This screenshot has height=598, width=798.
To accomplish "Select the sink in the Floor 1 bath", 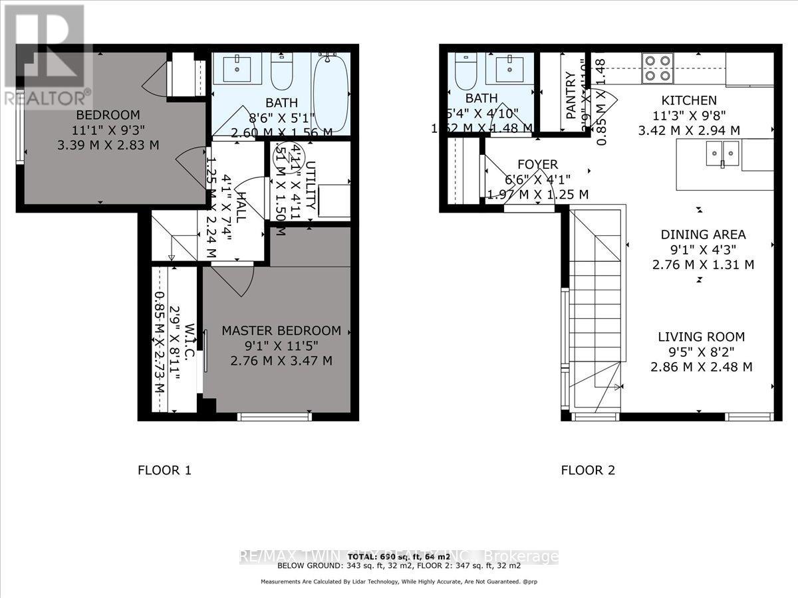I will click(x=236, y=68).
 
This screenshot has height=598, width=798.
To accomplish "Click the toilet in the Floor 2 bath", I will click(x=464, y=72).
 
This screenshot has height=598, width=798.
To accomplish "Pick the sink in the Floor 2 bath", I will click(x=509, y=68).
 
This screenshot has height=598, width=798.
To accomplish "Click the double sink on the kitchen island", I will click(x=723, y=154).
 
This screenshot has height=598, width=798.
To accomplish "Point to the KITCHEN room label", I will click(x=688, y=100).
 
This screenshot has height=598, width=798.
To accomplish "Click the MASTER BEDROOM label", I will click(x=281, y=331).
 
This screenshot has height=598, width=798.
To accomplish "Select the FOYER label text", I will click(x=537, y=164).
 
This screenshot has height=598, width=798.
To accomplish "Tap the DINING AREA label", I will click(x=703, y=235).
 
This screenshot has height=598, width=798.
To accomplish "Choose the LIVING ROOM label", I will click(x=702, y=337).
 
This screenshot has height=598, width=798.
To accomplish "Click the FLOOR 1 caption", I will click(x=164, y=470).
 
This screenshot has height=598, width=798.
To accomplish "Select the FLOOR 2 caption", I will click(x=588, y=470).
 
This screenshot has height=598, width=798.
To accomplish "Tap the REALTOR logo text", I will click(x=47, y=98).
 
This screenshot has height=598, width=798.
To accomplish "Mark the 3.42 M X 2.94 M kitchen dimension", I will click(x=688, y=131).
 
